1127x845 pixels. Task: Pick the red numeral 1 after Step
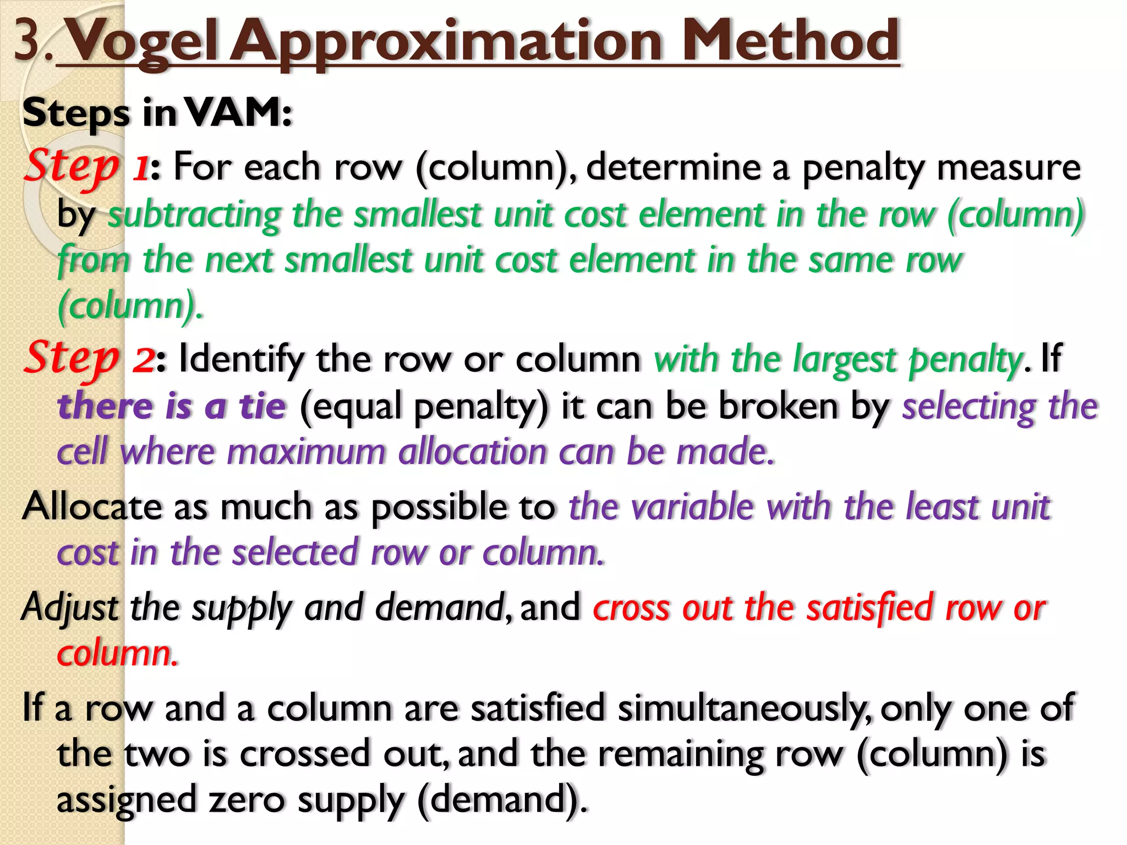(x=140, y=168)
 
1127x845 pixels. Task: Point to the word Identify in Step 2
(x=240, y=359)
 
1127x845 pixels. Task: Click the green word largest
(x=844, y=360)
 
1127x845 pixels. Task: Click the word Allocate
(x=92, y=506)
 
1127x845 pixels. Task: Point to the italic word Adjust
(x=70, y=608)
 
